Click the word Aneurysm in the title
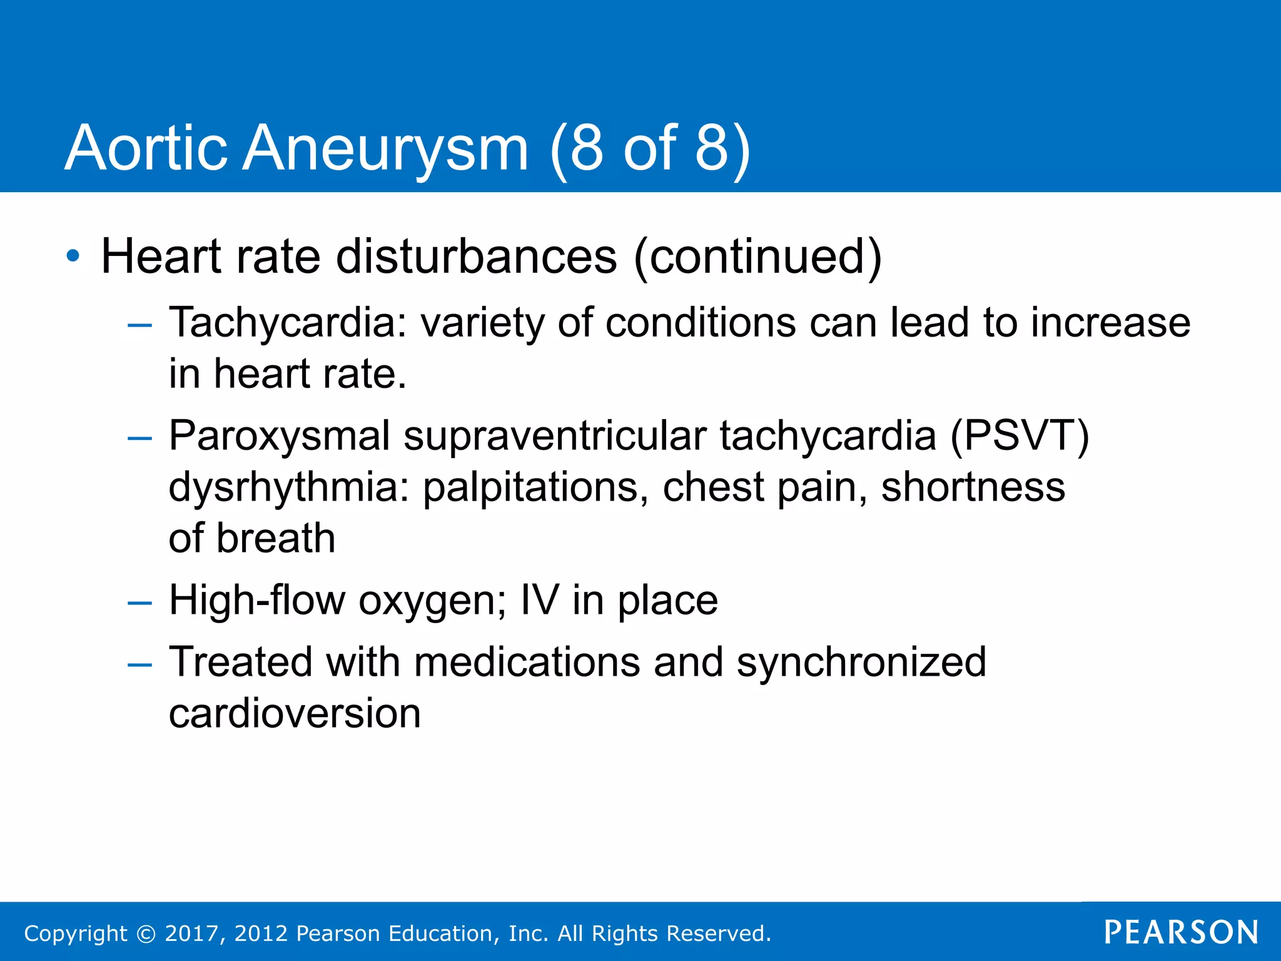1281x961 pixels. (385, 149)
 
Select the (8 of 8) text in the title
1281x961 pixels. (651, 149)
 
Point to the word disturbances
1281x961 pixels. (477, 257)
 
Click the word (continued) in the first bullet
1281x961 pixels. (757, 257)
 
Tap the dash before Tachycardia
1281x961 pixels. (139, 325)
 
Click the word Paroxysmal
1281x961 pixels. (279, 436)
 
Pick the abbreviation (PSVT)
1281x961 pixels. (1020, 436)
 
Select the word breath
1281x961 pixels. (276, 538)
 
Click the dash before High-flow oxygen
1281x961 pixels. (139, 603)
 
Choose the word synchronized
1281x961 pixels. (861, 663)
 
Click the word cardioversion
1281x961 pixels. (295, 714)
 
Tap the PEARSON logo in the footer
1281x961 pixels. (1181, 933)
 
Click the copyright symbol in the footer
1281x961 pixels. (146, 934)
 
